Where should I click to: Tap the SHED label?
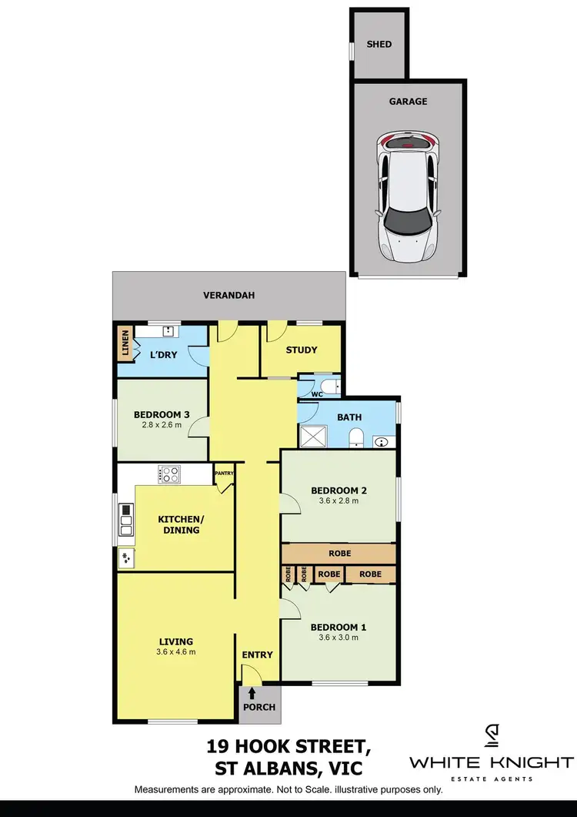[x=379, y=44]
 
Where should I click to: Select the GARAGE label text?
[x=408, y=101]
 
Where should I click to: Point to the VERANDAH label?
[x=228, y=295]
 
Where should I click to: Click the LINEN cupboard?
[x=125, y=343]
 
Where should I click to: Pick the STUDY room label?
[x=302, y=350]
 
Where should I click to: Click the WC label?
[x=316, y=394]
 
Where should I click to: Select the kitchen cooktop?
[x=168, y=474]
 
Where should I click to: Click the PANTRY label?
[x=224, y=474]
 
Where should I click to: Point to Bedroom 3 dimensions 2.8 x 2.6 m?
[x=162, y=424]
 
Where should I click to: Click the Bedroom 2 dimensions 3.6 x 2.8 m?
[x=339, y=501]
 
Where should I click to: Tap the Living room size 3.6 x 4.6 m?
[x=176, y=652]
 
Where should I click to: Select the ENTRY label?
[x=257, y=655]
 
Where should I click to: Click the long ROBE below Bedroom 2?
[x=339, y=553]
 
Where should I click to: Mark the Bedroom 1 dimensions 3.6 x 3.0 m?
[x=339, y=637]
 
